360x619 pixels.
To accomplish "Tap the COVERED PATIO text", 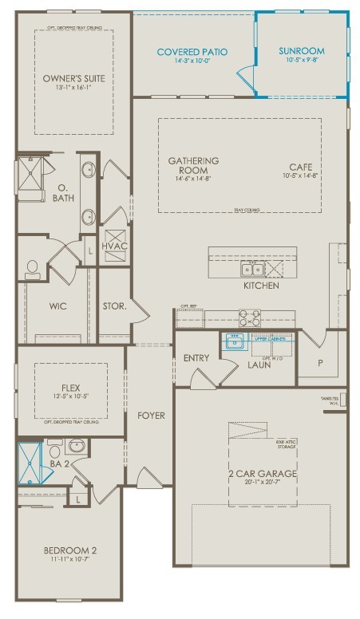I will pos(192,52).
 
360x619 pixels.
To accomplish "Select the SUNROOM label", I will pos(302,51).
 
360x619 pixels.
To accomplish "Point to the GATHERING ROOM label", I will pos(193,166).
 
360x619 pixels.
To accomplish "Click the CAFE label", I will pos(300,166).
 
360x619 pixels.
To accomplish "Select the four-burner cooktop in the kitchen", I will pos(250,317).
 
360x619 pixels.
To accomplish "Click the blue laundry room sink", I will pos(235,343).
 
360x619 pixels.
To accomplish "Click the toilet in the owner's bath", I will pos(33,269).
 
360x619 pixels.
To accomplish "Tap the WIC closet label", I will pos(56,306).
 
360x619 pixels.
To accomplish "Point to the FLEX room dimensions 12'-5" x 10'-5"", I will pos(69,396).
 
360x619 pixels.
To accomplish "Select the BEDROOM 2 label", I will pos(69,550).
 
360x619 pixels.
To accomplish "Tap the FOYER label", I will pos(151,416).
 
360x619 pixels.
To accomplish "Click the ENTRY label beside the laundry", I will pos(196,358).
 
